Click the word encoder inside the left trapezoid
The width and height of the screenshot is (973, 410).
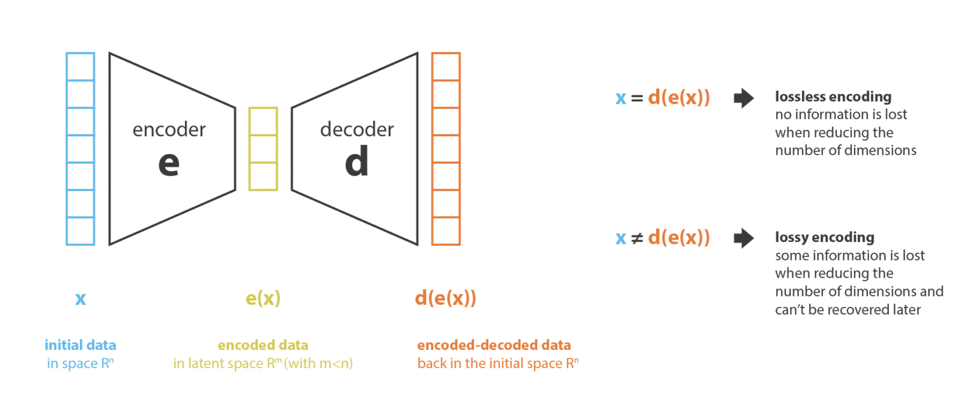coord(169,129)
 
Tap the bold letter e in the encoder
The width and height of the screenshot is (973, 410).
coord(169,163)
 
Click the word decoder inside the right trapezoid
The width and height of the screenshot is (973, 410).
coord(357,129)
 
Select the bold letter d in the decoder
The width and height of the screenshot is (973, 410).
coord(357,161)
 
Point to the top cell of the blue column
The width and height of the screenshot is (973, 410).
coord(80,67)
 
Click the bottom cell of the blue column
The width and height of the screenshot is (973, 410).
coord(80,231)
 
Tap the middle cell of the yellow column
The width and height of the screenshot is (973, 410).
coord(264,148)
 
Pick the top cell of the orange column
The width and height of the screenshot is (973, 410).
coord(446,67)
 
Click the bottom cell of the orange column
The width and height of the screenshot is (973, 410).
coord(446,231)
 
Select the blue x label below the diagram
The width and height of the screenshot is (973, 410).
coord(80,299)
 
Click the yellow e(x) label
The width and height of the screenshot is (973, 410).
coord(264,298)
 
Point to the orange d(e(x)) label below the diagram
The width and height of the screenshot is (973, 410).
coord(446,298)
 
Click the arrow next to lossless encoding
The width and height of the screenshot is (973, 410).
coord(744,98)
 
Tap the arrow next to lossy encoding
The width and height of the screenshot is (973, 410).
coord(744,238)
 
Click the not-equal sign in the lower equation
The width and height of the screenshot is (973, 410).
coord(637,238)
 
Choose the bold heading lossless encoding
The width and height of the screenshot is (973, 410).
coord(833,96)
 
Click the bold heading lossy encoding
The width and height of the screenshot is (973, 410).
coord(824,237)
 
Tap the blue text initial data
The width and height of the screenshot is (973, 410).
coord(80,345)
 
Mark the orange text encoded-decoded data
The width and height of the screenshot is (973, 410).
coord(494,345)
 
